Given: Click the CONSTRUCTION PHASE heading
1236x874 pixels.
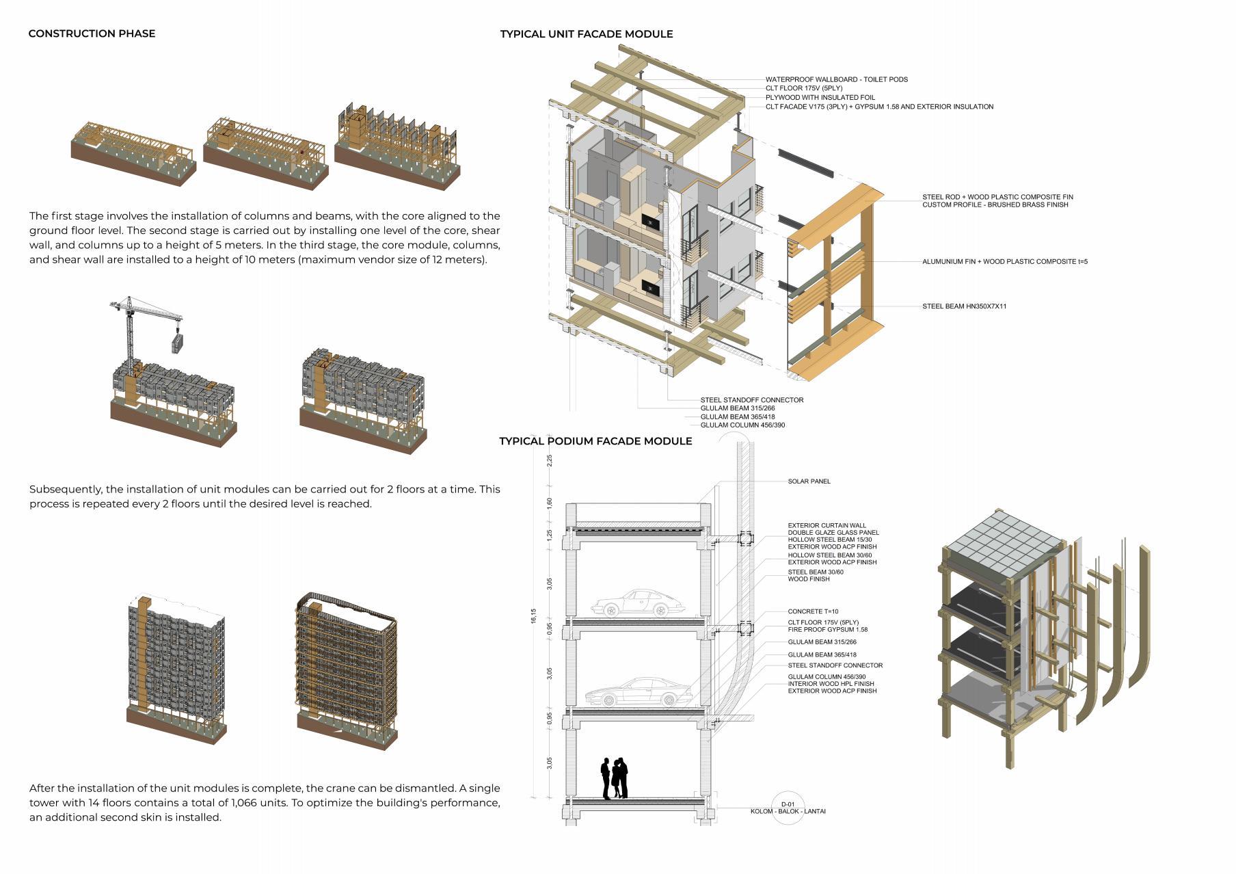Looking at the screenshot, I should [x=92, y=34].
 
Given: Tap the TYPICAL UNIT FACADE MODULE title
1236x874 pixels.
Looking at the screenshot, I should [x=586, y=34].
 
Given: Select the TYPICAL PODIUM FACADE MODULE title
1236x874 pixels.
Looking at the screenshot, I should [x=595, y=441].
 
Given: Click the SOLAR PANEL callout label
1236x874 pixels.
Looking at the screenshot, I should [x=809, y=481].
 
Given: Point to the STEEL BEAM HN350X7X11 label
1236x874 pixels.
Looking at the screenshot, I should [x=964, y=306].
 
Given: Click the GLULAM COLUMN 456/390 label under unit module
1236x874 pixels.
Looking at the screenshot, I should [x=742, y=425].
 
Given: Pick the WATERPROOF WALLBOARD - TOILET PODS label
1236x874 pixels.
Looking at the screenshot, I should [x=836, y=79].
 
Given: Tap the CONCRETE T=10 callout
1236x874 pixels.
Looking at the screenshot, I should [x=813, y=611].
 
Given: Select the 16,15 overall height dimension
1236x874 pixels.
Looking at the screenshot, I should [x=533, y=616].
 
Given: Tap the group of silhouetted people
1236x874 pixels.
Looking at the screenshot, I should [x=614, y=778].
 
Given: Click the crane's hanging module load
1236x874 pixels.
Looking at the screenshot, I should [x=177, y=341].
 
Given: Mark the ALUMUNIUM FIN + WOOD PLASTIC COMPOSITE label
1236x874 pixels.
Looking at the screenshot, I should [x=1004, y=261].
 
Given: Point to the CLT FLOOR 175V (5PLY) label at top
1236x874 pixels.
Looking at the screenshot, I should [x=803, y=88].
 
